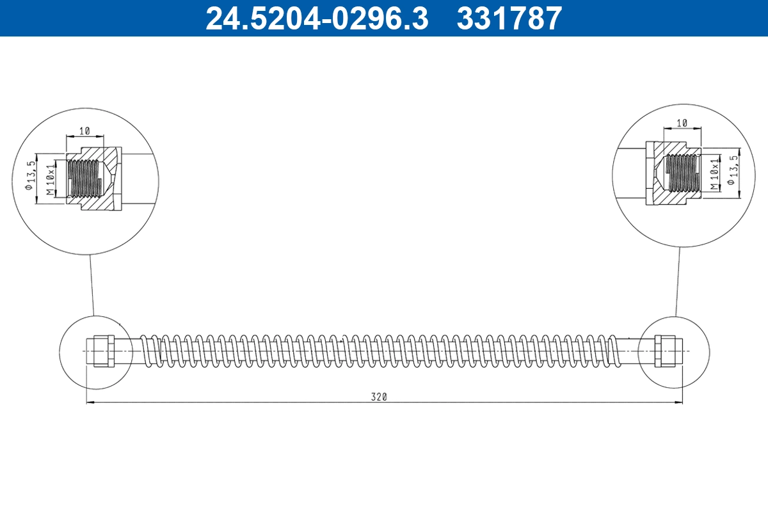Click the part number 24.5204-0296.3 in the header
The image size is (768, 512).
click(316, 19)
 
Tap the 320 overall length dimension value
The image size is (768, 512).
click(380, 397)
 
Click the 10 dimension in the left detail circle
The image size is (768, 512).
click(84, 131)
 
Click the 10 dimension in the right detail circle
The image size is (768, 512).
click(682, 122)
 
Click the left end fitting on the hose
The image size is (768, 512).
click(103, 351)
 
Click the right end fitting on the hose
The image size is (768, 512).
click(665, 351)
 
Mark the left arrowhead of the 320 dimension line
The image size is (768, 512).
click(90, 402)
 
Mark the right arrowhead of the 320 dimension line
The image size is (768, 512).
click(679, 402)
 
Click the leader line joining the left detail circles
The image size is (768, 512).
click(92, 285)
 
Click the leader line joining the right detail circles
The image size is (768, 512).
click(676, 282)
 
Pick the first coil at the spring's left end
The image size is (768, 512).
click(147, 351)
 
